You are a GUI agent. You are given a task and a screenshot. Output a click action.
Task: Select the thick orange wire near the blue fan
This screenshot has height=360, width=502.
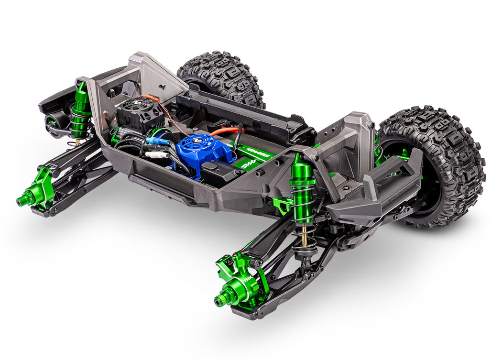click(225, 130)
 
